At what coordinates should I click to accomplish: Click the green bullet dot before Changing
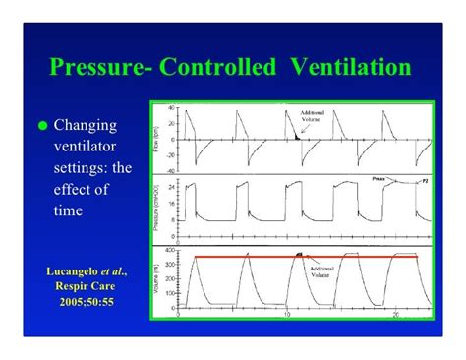[x=42, y=127]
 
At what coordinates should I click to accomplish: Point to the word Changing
[x=86, y=126]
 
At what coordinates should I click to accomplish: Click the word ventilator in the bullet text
[x=87, y=148]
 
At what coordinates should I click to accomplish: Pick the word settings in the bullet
[x=79, y=169]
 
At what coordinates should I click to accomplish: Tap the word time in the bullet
[x=68, y=210]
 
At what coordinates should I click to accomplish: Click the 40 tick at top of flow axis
[x=171, y=107]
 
